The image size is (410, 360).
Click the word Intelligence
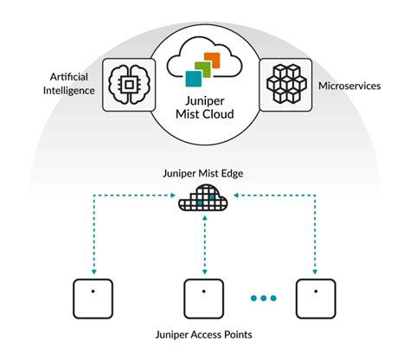(68, 93)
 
